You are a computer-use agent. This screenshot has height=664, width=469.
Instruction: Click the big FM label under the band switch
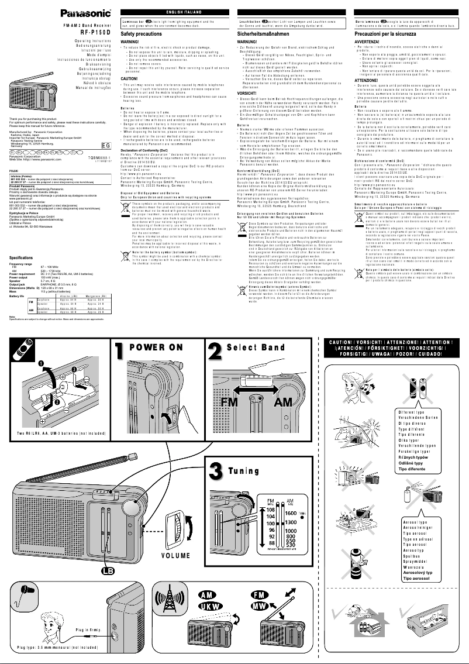click(x=230, y=404)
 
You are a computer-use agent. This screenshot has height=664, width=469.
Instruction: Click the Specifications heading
click(x=21, y=257)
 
